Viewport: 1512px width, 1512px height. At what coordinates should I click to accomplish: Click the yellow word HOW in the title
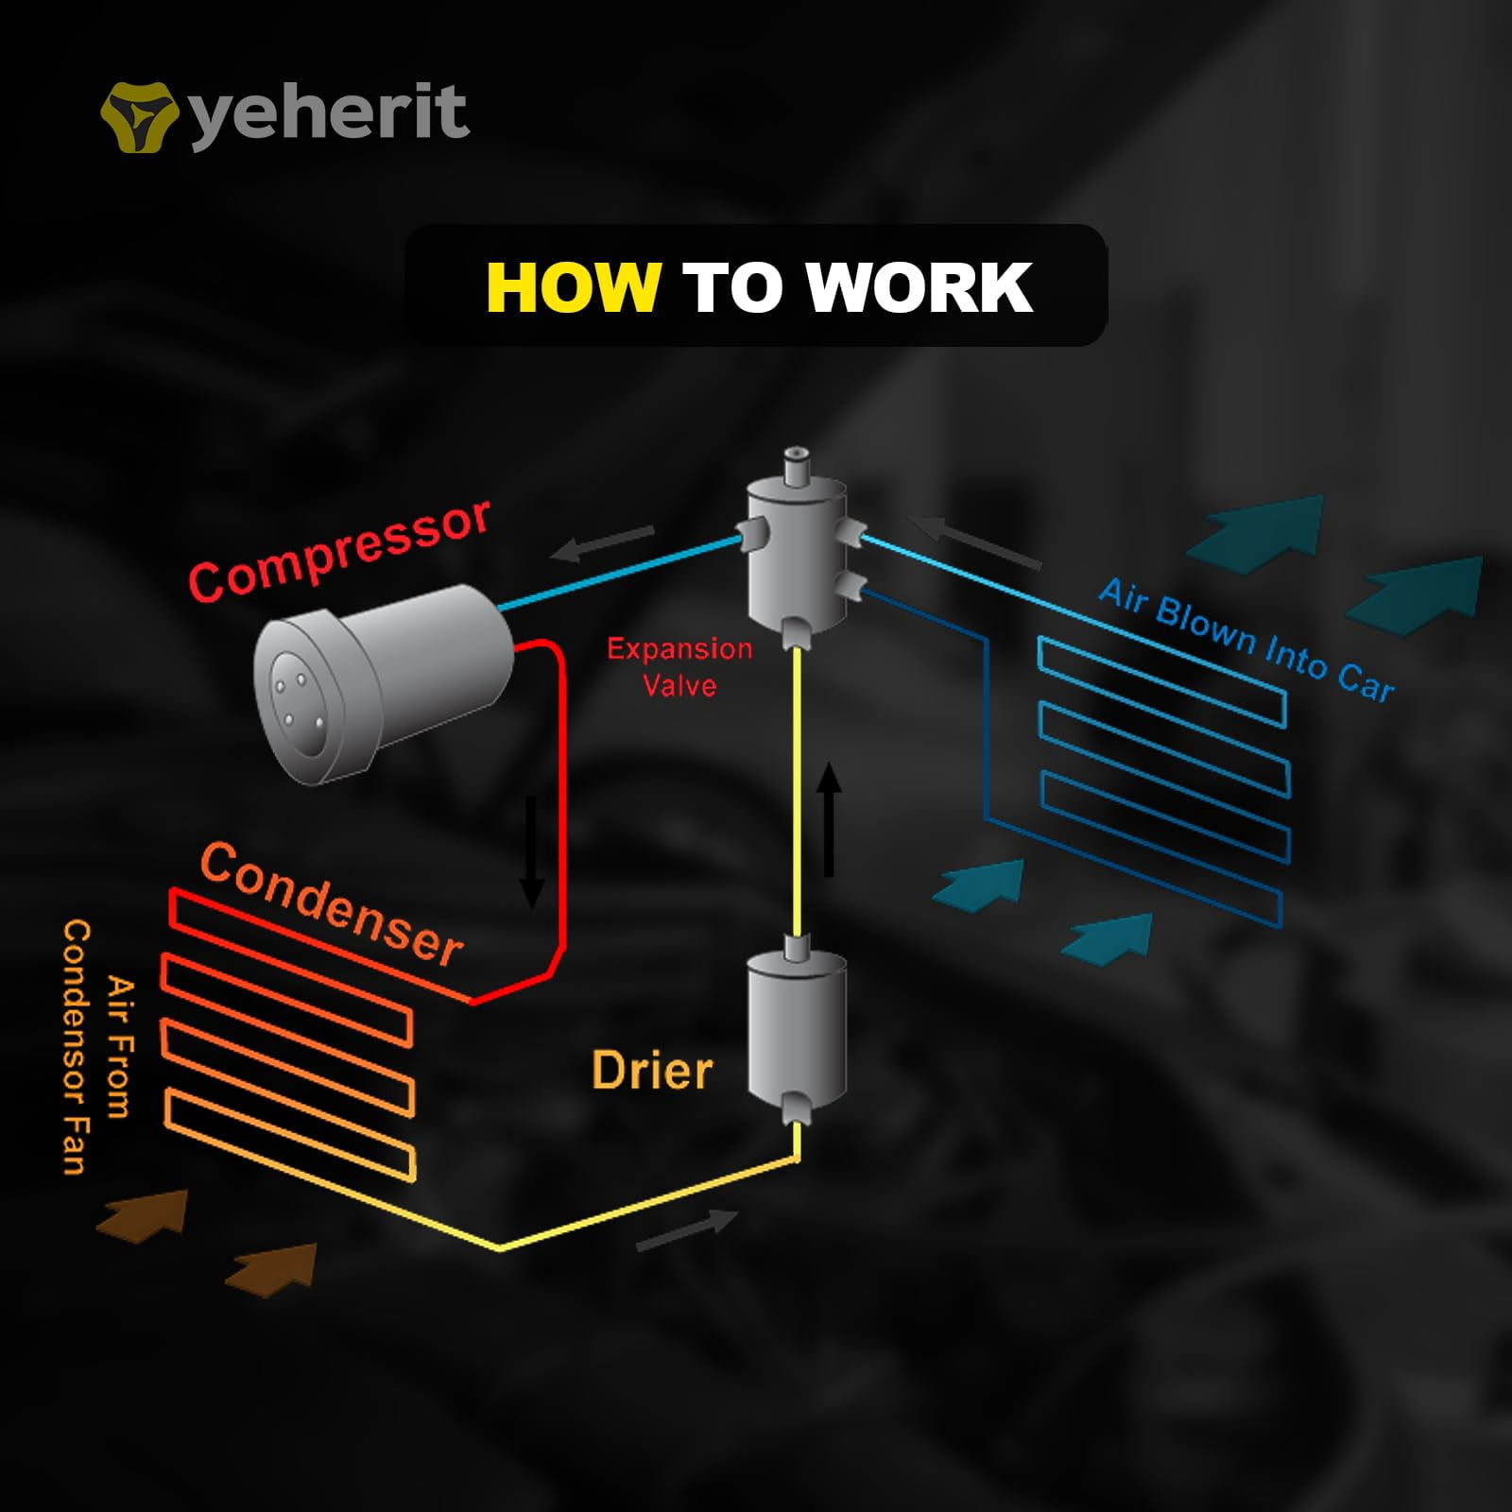point(573,287)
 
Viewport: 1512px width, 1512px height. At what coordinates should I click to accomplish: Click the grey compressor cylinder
point(383,682)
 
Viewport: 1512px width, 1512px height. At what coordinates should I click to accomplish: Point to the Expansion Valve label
point(679,667)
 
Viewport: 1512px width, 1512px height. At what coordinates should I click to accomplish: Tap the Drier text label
point(651,1071)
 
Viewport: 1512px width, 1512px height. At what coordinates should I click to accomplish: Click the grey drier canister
point(797,1029)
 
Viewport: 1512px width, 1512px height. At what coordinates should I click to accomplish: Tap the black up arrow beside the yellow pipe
point(829,818)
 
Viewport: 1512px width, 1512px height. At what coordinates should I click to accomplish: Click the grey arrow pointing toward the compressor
point(602,543)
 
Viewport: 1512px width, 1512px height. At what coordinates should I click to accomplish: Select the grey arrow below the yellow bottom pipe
point(687,1230)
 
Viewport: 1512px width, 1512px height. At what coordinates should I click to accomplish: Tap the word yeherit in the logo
point(329,114)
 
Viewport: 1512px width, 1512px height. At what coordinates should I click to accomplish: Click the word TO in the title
point(732,287)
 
